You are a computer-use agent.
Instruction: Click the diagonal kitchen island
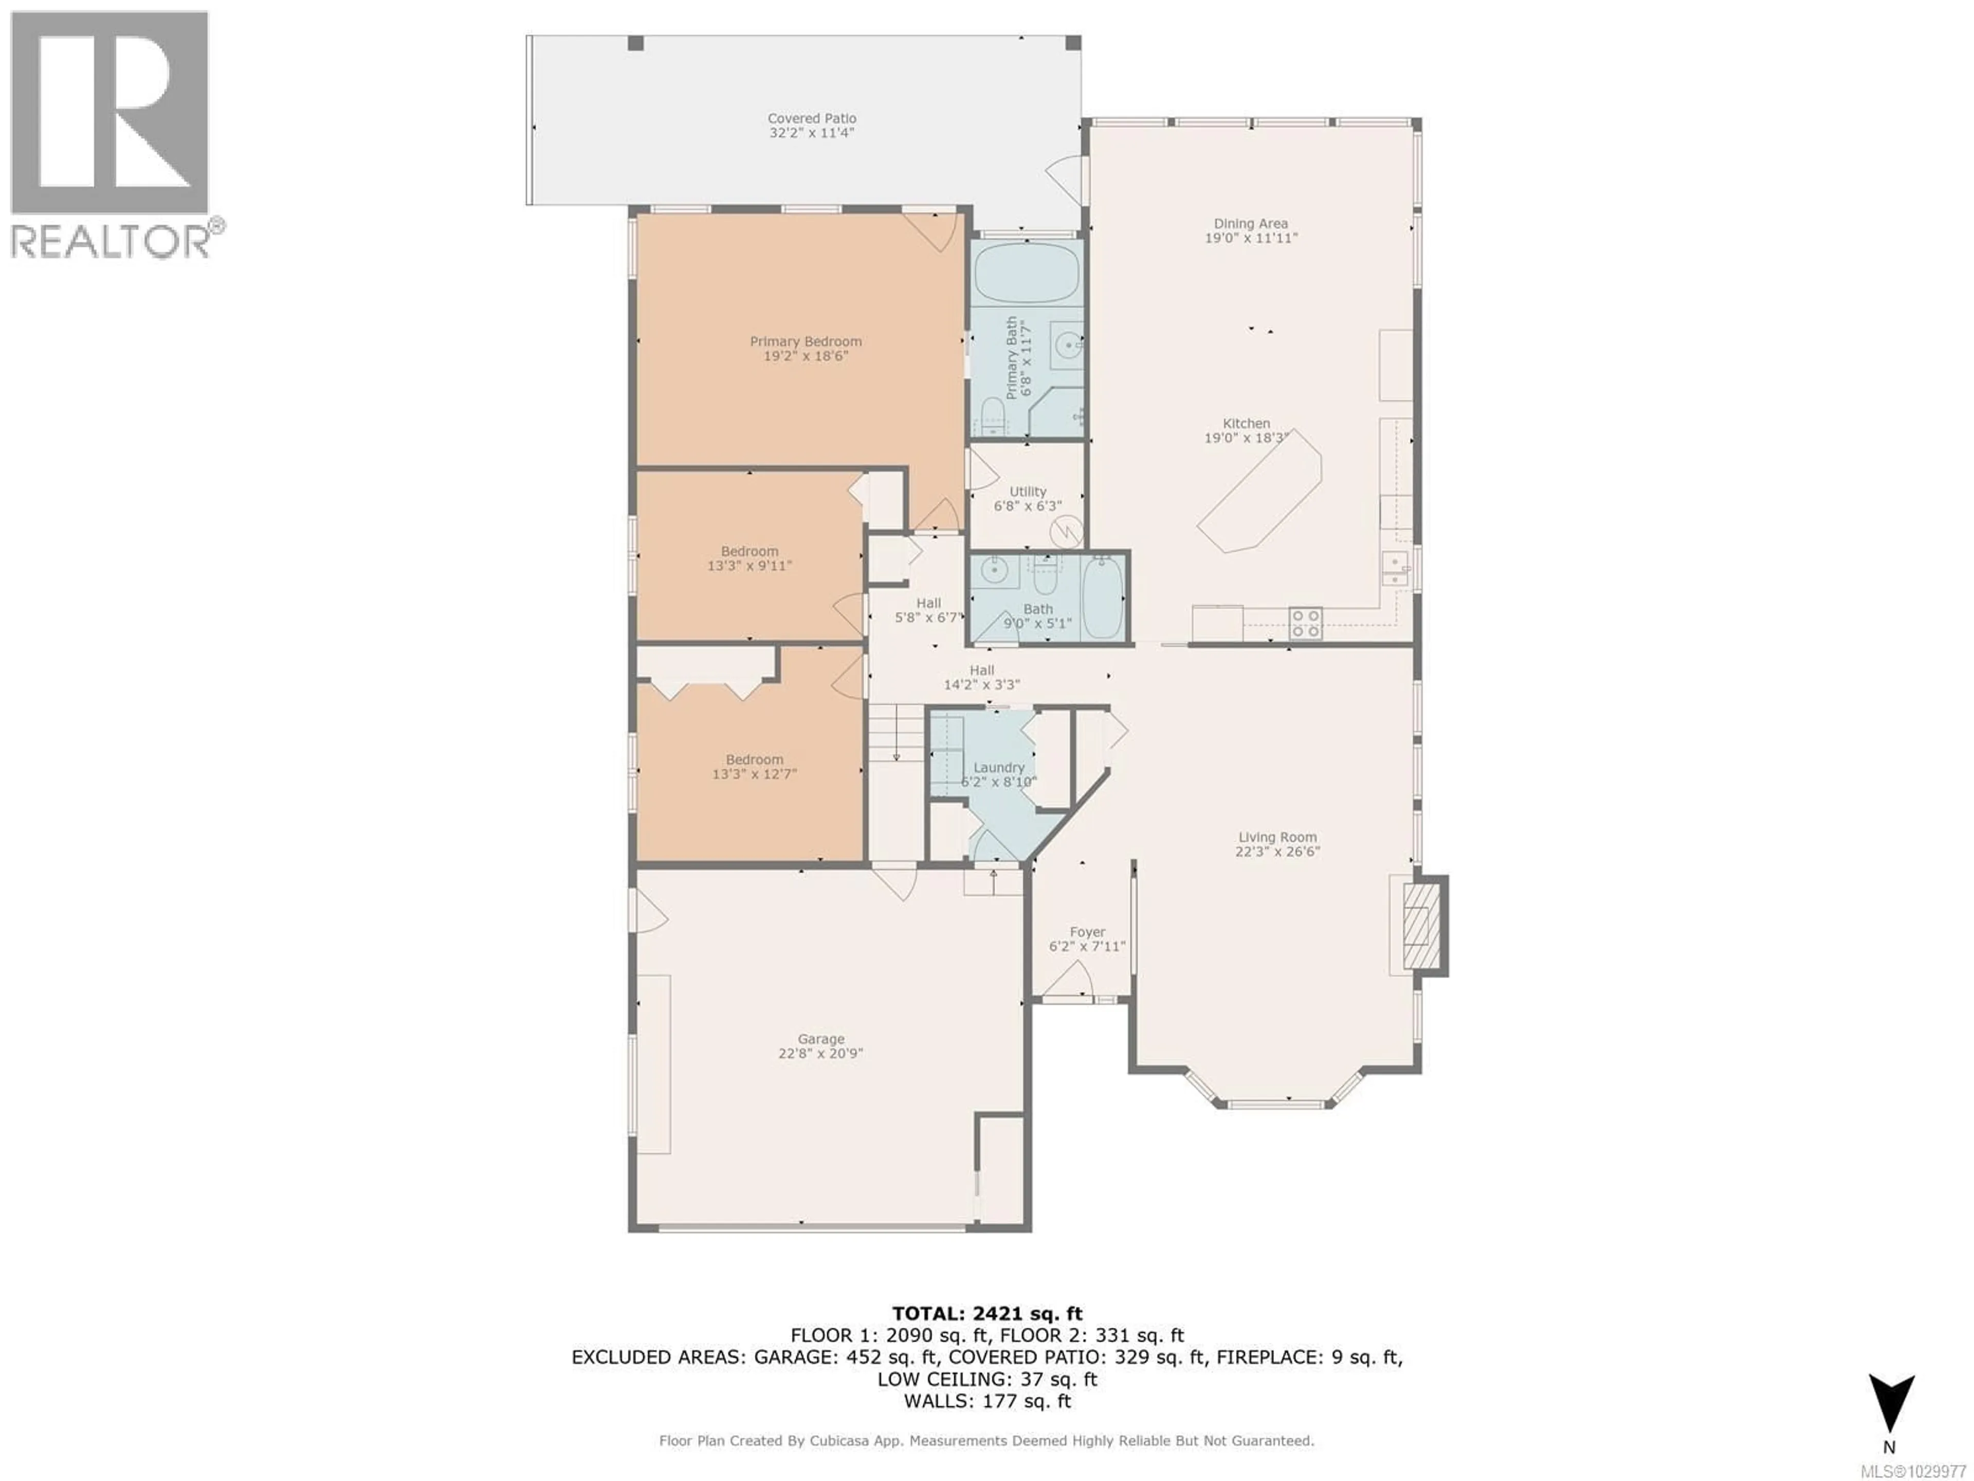[1259, 493]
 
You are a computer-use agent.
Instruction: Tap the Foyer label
[1087, 932]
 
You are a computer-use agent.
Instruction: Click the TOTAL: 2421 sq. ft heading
[987, 1313]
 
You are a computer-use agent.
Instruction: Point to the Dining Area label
[1250, 223]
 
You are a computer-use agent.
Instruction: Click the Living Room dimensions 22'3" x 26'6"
[1277, 852]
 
